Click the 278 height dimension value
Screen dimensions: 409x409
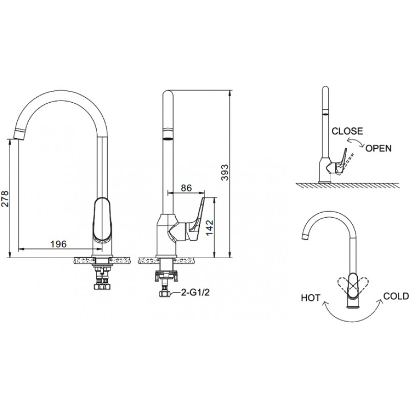(5, 199)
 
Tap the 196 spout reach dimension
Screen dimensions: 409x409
(58, 244)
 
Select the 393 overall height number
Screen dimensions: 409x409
(224, 172)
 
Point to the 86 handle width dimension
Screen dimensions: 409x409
(186, 188)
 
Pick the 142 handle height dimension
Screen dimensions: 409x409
(210, 228)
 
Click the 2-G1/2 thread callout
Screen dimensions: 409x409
(195, 292)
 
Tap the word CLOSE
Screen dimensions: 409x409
(347, 131)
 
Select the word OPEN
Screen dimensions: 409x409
(378, 148)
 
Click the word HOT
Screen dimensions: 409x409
(310, 298)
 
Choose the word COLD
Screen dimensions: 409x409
(396, 296)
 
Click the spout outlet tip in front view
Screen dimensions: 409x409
(19, 134)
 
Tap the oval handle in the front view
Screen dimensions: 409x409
(103, 220)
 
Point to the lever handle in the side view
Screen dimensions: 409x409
(196, 219)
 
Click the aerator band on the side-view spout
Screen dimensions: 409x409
(168, 138)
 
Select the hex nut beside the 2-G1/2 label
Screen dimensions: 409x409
(164, 293)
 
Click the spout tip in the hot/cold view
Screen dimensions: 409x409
(305, 237)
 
